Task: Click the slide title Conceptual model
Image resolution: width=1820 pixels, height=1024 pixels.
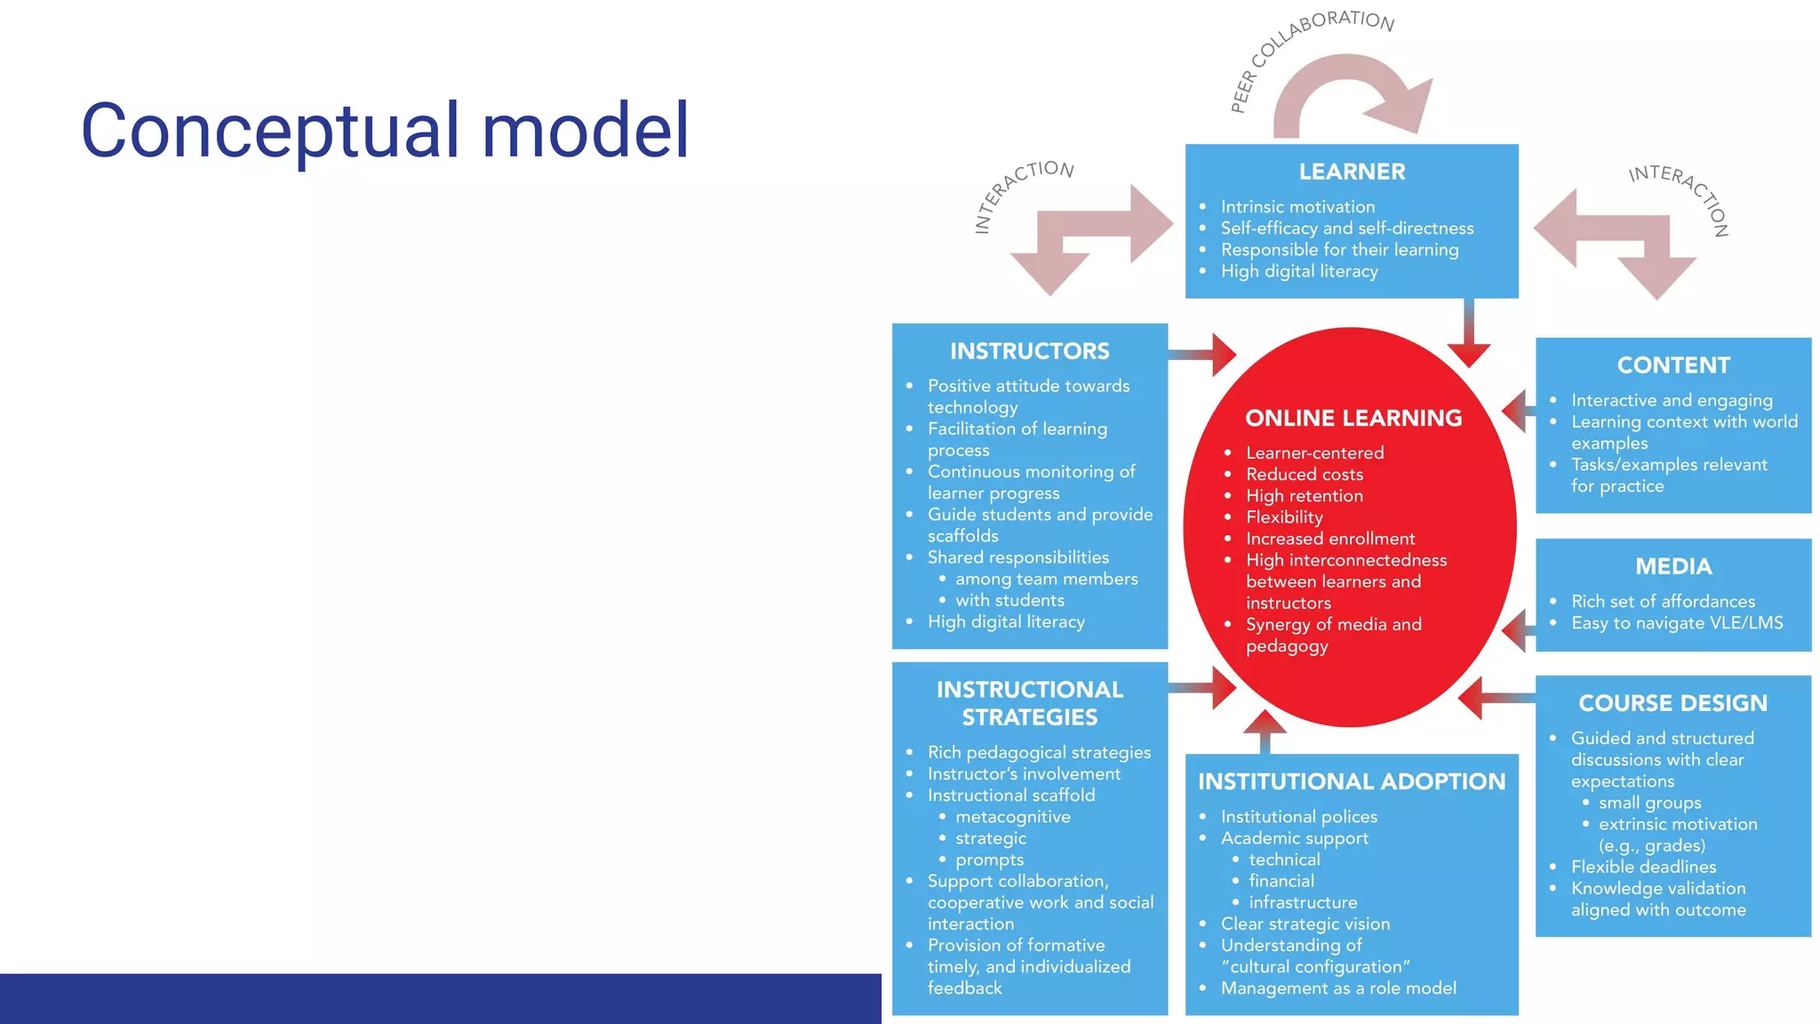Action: pyautogui.click(x=385, y=131)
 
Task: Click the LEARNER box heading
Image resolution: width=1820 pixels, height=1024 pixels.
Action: pyautogui.click(x=1352, y=172)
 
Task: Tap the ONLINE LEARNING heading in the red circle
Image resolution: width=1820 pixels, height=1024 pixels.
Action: pyautogui.click(x=1353, y=418)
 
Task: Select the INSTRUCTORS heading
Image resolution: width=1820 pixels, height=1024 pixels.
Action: pyautogui.click(x=1029, y=351)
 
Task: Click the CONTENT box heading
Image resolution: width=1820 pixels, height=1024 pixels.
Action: pyautogui.click(x=1673, y=365)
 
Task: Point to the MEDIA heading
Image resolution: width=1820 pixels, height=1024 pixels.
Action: pyautogui.click(x=1673, y=566)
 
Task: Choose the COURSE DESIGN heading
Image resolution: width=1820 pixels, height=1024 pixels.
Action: pyautogui.click(x=1672, y=703)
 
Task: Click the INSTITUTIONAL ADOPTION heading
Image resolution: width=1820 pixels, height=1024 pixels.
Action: pyautogui.click(x=1351, y=781)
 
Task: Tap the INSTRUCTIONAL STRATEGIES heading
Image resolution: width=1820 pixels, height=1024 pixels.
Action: pyautogui.click(x=1029, y=703)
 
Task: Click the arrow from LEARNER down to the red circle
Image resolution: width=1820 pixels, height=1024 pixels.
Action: pyautogui.click(x=1469, y=333)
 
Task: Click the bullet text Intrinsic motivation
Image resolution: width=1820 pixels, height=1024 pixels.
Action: pyautogui.click(x=1297, y=207)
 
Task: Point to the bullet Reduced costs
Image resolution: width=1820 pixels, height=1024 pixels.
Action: pyautogui.click(x=1304, y=475)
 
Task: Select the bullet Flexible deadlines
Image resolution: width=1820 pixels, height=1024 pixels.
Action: pyautogui.click(x=1643, y=867)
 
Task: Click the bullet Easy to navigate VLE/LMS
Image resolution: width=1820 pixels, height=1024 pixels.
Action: pyautogui.click(x=1676, y=623)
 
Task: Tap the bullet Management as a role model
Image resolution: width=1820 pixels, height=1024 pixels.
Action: pyautogui.click(x=1337, y=988)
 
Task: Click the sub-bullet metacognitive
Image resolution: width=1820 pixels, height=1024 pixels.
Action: pyautogui.click(x=1012, y=817)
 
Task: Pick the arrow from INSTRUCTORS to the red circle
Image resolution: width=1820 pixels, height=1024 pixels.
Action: pyautogui.click(x=1204, y=355)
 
